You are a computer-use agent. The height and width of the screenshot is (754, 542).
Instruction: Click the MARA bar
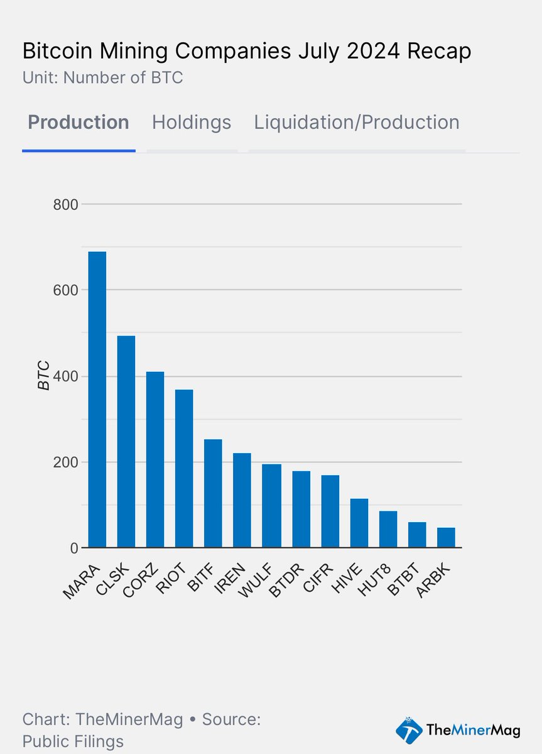97,400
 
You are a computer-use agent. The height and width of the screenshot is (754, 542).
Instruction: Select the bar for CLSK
126,442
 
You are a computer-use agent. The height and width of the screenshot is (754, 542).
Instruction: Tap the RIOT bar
184,469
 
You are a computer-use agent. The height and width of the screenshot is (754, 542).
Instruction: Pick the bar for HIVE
359,523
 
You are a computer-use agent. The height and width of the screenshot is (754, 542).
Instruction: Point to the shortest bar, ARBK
446,538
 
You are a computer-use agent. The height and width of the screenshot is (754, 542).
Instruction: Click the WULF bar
271,506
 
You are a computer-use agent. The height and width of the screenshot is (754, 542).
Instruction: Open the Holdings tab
192,122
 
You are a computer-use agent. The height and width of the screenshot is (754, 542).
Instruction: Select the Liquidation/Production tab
357,122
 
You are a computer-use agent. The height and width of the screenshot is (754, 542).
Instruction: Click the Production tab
79,122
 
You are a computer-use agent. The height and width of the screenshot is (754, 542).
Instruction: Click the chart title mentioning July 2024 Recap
246,52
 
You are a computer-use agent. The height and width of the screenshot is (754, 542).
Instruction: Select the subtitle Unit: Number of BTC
102,78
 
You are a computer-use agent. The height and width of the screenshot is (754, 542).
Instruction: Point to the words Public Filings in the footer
73,741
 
